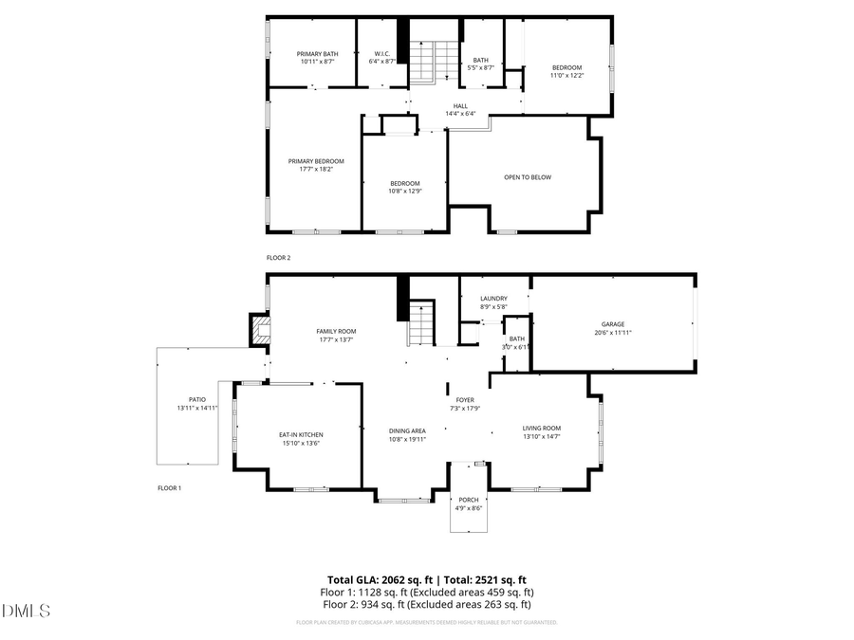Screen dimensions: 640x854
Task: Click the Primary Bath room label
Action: [317, 54]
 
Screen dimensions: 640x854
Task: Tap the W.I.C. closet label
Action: [382, 54]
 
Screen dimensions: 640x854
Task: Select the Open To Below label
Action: [528, 177]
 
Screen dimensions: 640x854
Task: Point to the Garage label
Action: [612, 324]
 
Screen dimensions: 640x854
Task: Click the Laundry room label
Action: [493, 299]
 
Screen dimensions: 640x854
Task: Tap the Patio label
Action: [197, 399]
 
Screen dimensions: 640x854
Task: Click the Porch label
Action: [469, 500]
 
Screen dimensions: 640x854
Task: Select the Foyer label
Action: [465, 400]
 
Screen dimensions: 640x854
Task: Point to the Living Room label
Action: [542, 428]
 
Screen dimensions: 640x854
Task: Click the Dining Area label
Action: [407, 430]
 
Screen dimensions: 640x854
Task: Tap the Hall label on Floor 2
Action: [460, 106]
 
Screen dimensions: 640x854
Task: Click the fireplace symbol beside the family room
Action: [259, 330]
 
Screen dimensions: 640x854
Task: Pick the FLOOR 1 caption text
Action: [169, 488]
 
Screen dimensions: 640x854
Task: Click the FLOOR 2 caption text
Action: [278, 257]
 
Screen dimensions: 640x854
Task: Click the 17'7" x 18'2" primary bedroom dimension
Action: [316, 169]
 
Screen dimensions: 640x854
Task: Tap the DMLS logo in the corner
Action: [26, 610]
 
